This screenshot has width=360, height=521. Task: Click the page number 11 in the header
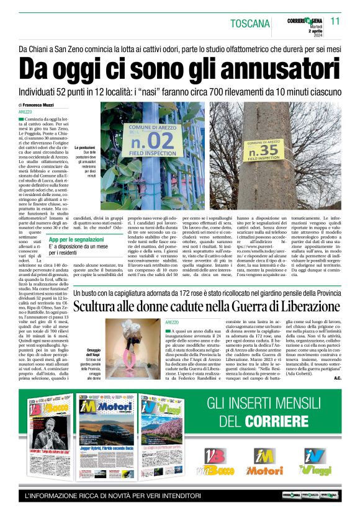[x=335, y=21]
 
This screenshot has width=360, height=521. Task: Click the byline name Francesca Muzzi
[x=47, y=105]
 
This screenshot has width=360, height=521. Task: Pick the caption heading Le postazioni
[x=84, y=148]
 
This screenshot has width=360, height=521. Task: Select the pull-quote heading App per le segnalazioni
[x=77, y=239]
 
